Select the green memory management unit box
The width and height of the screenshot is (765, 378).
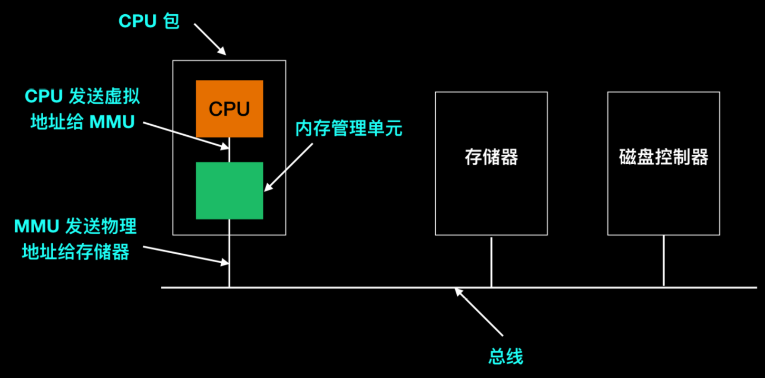tap(229, 190)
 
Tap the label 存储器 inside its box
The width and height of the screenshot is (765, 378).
tap(491, 157)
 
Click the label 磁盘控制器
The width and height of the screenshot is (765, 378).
tap(663, 157)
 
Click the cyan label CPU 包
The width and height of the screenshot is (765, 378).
tap(149, 21)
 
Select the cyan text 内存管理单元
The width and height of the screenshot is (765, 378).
tap(349, 128)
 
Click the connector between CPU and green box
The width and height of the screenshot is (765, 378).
tap(229, 150)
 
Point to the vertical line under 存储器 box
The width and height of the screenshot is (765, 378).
tap(491, 261)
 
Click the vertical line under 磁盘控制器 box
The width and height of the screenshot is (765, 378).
tap(663, 260)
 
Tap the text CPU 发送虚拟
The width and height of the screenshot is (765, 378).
tap(83, 97)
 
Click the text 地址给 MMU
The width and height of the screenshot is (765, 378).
tap(83, 122)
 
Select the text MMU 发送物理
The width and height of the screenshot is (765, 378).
tap(75, 227)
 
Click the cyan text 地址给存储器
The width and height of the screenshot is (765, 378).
tap(75, 252)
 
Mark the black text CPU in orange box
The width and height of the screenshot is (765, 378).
tap(229, 109)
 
